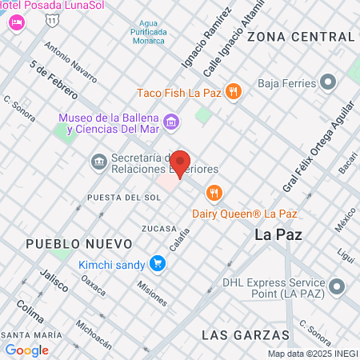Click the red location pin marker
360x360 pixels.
[180, 164]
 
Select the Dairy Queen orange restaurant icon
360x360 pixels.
[214, 193]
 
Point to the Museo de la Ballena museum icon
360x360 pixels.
[171, 122]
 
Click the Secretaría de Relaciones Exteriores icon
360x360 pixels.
[98, 162]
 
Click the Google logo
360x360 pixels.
[26, 350]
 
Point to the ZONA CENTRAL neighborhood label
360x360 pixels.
[300, 37]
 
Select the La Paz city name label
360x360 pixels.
[276, 235]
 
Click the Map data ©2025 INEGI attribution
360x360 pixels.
[312, 354]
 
